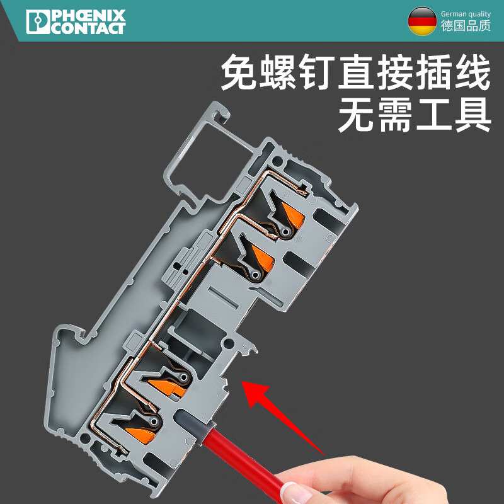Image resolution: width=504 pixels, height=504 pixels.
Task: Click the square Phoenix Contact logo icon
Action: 37,21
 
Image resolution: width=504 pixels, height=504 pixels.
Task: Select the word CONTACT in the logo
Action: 88,28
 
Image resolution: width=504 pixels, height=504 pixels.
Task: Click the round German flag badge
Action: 422,21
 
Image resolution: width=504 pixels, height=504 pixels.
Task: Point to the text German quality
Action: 466,14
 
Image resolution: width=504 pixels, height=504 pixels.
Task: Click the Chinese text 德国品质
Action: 466,27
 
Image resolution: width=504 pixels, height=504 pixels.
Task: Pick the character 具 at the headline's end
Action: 471,115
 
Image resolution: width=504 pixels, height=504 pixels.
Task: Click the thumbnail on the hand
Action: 291,490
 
